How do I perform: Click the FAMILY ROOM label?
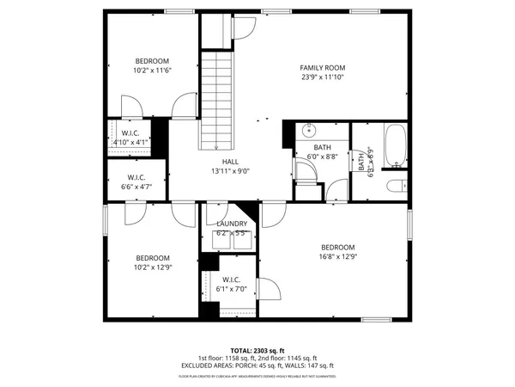tap(322, 67)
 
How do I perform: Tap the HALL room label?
tap(230, 161)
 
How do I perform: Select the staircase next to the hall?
tap(217, 99)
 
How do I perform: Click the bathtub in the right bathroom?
tap(396, 145)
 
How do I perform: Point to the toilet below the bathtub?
tap(395, 187)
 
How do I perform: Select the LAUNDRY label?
tap(232, 224)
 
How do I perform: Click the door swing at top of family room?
tap(243, 28)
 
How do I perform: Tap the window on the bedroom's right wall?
tap(410, 225)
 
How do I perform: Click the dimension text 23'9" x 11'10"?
tap(322, 77)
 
